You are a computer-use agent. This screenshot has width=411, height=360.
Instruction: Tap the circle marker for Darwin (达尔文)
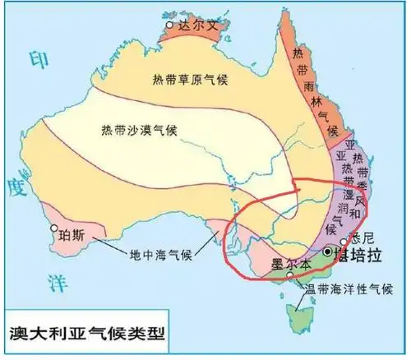pos(170,26)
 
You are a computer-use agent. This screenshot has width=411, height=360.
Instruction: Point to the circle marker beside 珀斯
pos(54,229)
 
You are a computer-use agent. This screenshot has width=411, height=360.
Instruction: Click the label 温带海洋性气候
pos(344,289)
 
